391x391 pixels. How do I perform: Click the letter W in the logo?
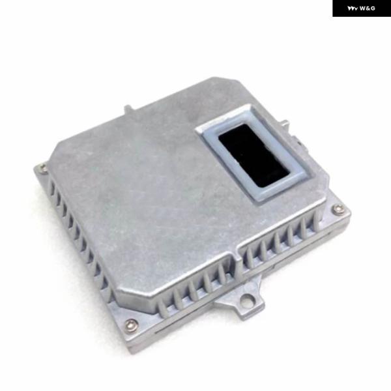click(x=362, y=8)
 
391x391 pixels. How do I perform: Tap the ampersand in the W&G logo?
click(x=368, y=8)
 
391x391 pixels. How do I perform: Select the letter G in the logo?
click(x=372, y=8)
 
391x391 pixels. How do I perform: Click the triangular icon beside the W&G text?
click(x=353, y=8)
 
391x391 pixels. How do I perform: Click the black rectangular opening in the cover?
click(x=255, y=155)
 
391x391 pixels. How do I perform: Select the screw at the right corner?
click(x=338, y=209)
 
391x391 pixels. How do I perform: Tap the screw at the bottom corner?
click(x=132, y=325)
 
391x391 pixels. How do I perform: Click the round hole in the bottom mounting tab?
click(x=247, y=298)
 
